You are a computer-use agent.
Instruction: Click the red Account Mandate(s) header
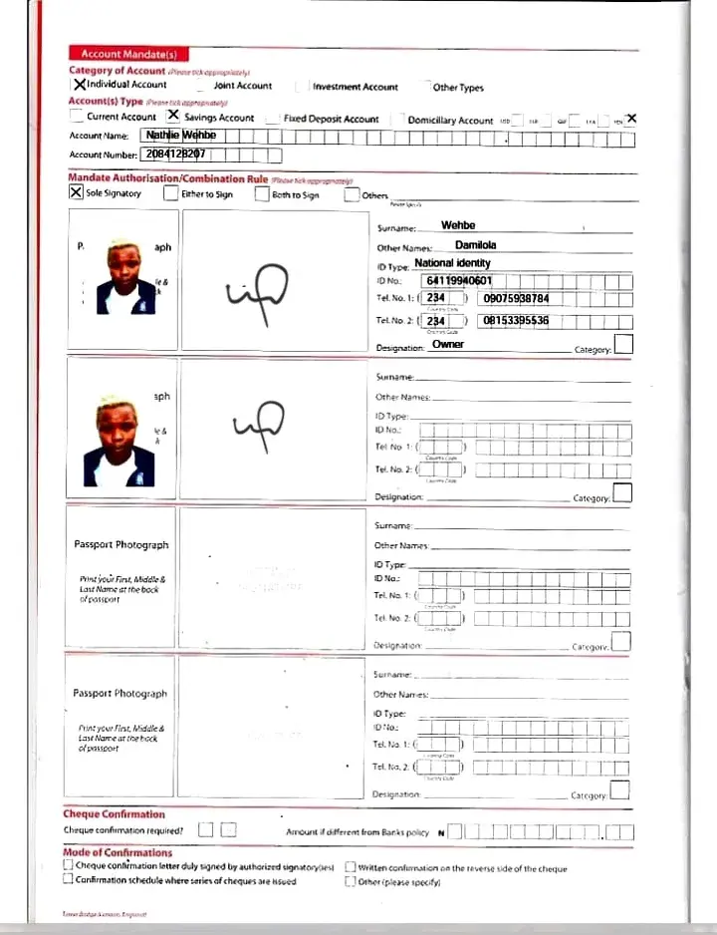pos(116,54)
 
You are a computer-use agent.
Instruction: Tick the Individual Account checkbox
pos(79,85)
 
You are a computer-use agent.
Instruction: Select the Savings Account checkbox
pos(173,116)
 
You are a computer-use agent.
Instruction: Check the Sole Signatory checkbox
pos(76,193)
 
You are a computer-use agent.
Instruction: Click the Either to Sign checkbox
pos(171,193)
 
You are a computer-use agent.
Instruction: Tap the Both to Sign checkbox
pos(262,193)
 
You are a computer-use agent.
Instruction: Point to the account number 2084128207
pos(175,155)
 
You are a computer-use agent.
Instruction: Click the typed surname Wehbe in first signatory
pos(458,226)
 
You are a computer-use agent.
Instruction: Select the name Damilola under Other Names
pos(475,244)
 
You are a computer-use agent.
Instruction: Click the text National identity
pos(452,263)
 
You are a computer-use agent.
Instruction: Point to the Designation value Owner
pos(448,345)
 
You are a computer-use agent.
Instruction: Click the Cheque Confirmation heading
pos(114,814)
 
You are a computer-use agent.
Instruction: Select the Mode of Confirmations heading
pos(118,853)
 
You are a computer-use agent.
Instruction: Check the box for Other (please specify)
pos(351,881)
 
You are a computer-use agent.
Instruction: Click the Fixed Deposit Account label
pos(331,119)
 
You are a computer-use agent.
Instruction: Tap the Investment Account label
pos(355,87)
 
